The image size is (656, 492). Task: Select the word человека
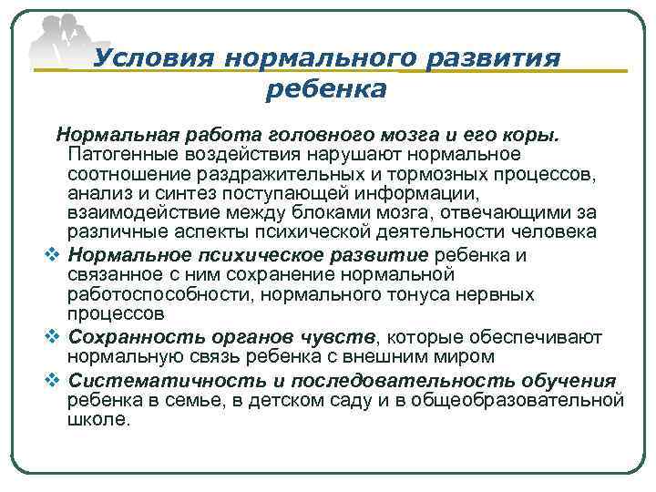tap(552, 232)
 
